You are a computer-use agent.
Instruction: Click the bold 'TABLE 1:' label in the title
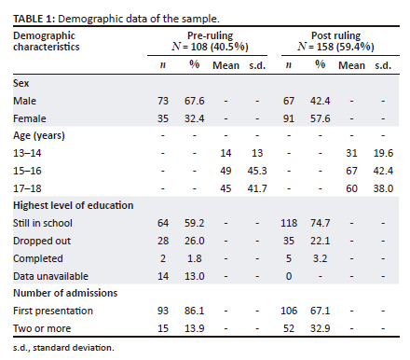[34, 19]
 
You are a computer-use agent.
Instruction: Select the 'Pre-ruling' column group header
[210, 35]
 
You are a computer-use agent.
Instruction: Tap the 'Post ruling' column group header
[336, 35]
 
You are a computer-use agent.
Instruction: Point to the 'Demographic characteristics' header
[47, 41]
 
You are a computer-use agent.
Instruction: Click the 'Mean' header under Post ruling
[351, 65]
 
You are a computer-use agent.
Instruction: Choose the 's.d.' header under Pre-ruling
[257, 65]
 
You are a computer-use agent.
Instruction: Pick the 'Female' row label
[30, 118]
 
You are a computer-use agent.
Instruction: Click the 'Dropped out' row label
[42, 241]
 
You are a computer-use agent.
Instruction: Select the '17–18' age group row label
[27, 188]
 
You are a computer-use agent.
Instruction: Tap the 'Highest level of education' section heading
[74, 205]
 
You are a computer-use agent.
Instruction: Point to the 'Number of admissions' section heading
[65, 293]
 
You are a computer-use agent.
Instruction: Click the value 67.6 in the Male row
[195, 101]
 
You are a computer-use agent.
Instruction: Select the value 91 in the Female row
[289, 118]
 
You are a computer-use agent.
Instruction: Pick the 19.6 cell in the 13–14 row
[383, 153]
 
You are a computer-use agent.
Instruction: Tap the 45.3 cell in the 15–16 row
[257, 171]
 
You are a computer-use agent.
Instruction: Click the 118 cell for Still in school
[289, 223]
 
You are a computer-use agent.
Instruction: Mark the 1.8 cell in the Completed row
[195, 258]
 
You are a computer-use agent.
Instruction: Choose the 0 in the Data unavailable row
[289, 276]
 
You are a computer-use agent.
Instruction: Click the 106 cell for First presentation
[289, 311]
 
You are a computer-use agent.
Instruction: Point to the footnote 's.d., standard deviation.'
[63, 348]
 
